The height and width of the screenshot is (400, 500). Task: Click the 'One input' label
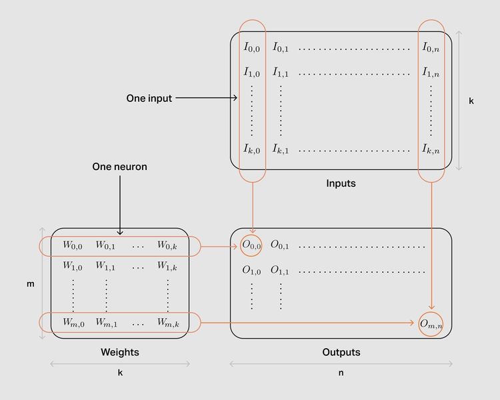(149, 98)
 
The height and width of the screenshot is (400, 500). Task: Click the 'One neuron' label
(119, 166)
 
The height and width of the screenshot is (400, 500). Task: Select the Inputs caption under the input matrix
(341, 183)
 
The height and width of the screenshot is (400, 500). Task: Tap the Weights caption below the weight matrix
(120, 352)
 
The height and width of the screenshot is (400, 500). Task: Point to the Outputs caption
(341, 352)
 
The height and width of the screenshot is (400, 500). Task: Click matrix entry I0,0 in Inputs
(252, 47)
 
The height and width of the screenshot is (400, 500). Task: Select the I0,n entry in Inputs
(431, 47)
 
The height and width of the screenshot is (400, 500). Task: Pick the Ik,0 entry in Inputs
(252, 149)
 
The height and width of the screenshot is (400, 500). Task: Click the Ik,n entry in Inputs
(431, 149)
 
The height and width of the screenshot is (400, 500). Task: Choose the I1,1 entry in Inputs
(281, 72)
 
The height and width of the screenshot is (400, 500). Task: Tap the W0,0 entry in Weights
(73, 245)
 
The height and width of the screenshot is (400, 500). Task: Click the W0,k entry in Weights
(167, 245)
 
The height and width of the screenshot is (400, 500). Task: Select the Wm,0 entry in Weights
(73, 323)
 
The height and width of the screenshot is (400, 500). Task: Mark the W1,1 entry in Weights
(105, 266)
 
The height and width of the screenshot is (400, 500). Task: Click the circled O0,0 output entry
(252, 245)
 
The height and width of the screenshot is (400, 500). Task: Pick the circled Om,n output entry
(431, 324)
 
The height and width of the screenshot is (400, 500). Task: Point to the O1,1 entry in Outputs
(280, 271)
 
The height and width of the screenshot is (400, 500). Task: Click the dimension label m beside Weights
(30, 284)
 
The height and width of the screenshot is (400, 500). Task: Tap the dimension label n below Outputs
(341, 373)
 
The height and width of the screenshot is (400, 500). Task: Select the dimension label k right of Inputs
(471, 101)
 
